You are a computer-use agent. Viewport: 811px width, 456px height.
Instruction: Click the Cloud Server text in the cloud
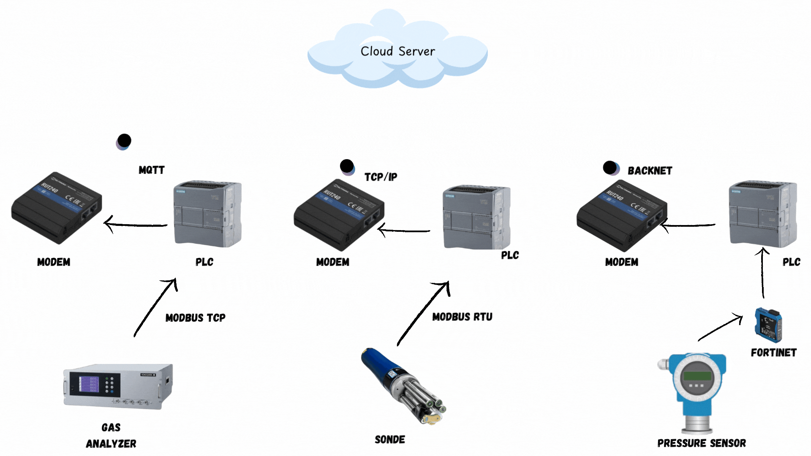[x=397, y=52]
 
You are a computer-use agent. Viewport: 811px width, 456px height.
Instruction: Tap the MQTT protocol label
[x=152, y=170]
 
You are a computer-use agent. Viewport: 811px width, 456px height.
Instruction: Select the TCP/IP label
[x=381, y=177]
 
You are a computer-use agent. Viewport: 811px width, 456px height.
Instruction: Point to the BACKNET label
[x=650, y=171]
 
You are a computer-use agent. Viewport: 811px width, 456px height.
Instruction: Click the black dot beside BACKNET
[x=610, y=168]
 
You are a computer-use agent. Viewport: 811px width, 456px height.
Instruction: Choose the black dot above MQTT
[x=124, y=141]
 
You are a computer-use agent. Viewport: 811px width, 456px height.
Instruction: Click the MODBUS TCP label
[x=195, y=318]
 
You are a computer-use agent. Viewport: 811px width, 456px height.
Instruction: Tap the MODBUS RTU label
[x=462, y=317]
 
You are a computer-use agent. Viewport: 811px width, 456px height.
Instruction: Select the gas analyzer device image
[x=118, y=386]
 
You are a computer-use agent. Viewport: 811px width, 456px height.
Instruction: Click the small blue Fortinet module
[x=768, y=325]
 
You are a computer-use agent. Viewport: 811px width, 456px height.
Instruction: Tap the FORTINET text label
[x=773, y=353]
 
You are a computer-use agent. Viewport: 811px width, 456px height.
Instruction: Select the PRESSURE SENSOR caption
[x=702, y=443]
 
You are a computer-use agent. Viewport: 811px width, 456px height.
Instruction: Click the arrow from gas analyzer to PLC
[x=155, y=307]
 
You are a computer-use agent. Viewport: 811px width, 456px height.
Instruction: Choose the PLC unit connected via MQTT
[x=207, y=214]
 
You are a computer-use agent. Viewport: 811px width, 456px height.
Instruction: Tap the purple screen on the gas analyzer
[x=89, y=385]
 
